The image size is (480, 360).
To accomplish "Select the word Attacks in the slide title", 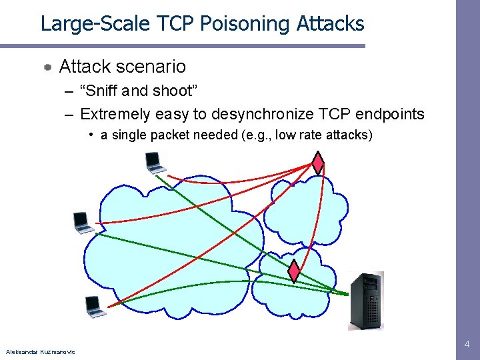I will pyautogui.click(x=330, y=24).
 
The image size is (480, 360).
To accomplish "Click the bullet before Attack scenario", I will pyautogui.click(x=48, y=67).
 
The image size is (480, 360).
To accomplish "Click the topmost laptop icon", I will pyautogui.click(x=155, y=163).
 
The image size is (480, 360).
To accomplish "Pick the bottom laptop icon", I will pyautogui.click(x=95, y=306).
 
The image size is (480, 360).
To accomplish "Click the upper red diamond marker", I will pyautogui.click(x=318, y=162).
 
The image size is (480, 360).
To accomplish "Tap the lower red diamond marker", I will pyautogui.click(x=294, y=271).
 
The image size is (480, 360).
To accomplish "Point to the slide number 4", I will pyautogui.click(x=467, y=344).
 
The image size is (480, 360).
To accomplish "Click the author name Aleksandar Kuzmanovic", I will pyautogui.click(x=40, y=351).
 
